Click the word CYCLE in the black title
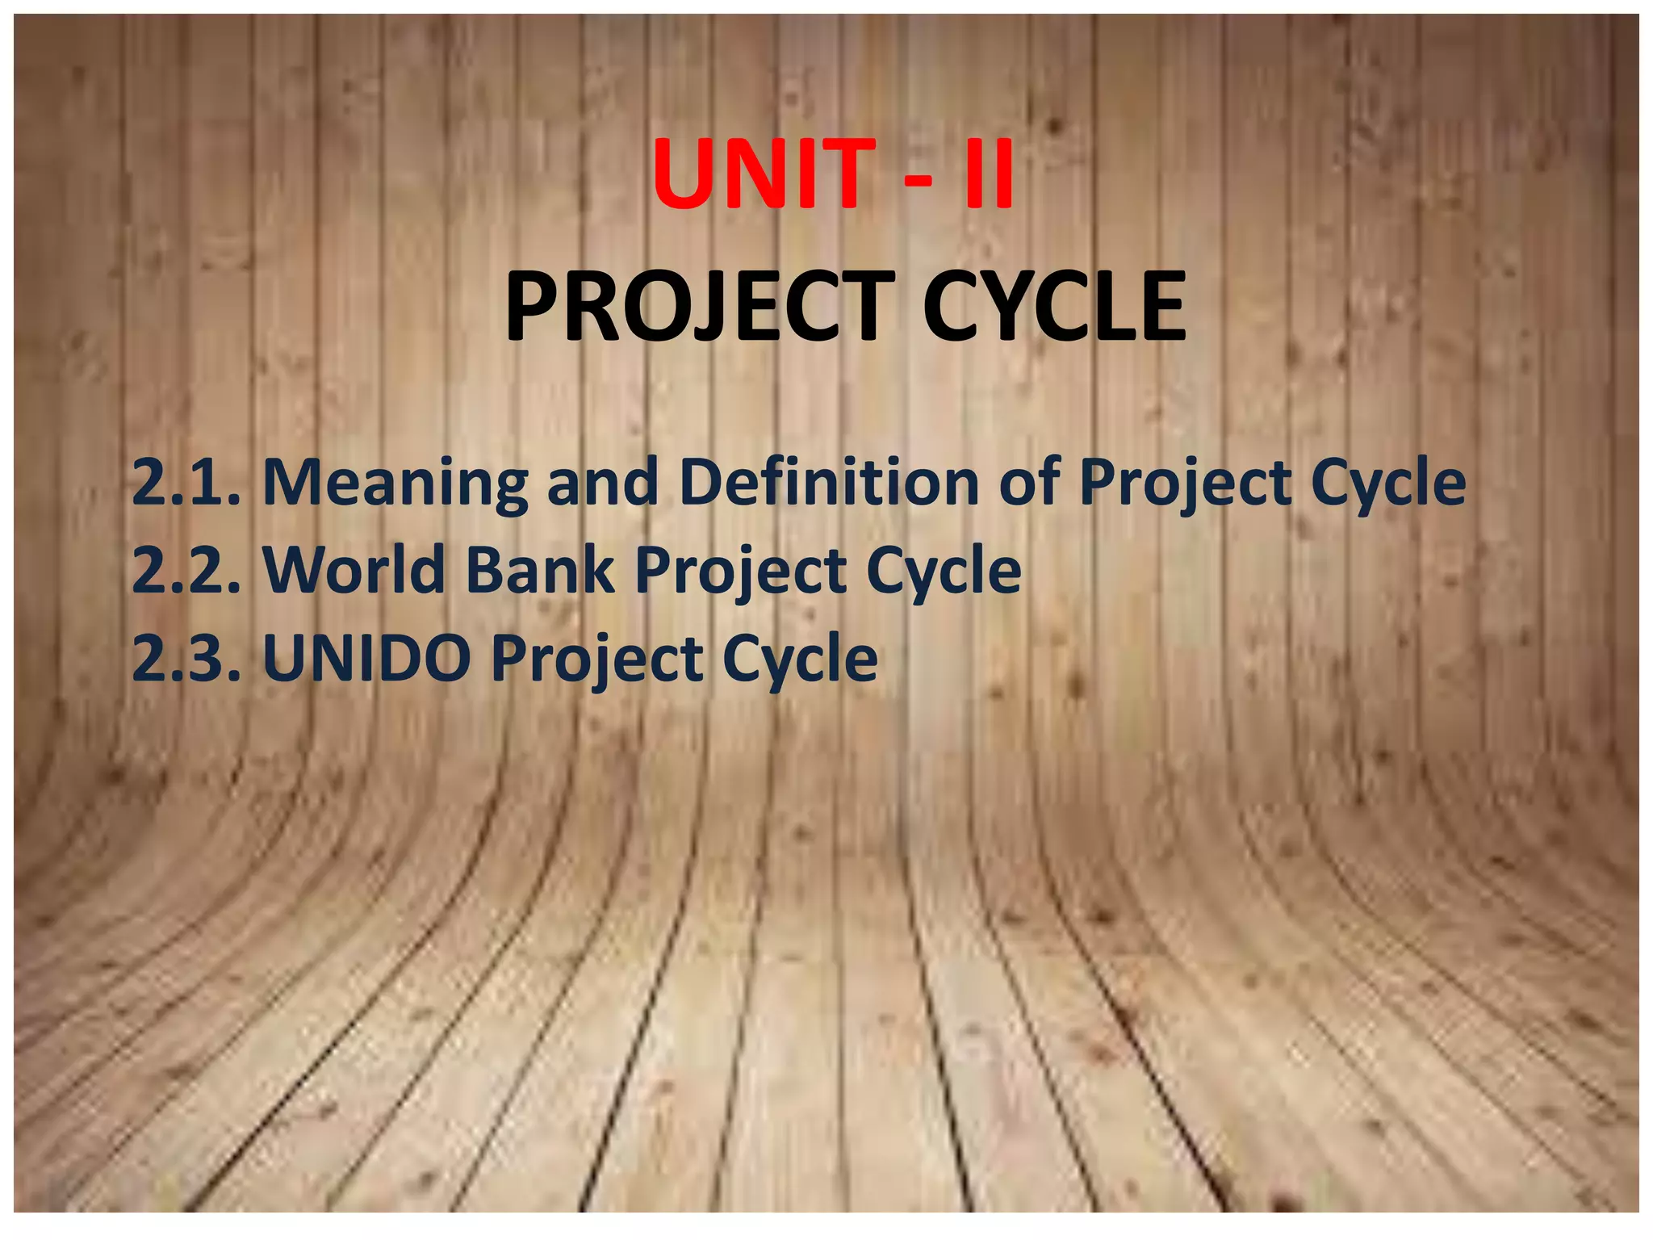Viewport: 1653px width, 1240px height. [1054, 307]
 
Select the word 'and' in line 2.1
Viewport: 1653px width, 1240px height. [602, 483]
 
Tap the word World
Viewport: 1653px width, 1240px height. [354, 571]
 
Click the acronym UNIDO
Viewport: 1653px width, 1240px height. [367, 659]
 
